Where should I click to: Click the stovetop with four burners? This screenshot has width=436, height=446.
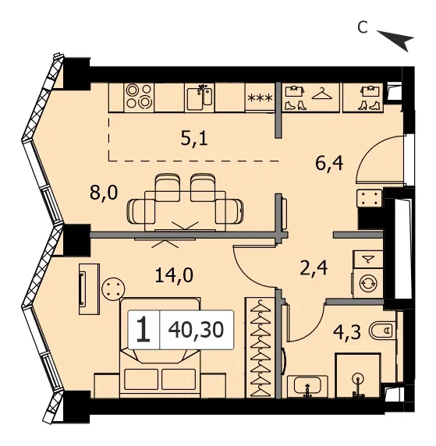(139, 97)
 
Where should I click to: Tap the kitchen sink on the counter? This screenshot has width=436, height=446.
(200, 97)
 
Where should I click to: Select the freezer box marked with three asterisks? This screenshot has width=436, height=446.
(261, 97)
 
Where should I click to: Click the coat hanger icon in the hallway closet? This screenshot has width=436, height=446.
(322, 94)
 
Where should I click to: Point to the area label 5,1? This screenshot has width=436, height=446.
(194, 139)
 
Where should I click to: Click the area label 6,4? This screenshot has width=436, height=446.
(329, 163)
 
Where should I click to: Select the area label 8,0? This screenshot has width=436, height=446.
(104, 193)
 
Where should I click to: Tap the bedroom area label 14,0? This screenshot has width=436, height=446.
(174, 275)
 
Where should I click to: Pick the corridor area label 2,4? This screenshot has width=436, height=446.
(314, 268)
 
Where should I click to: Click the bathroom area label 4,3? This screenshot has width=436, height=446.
(348, 332)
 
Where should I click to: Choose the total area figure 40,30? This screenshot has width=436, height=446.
(196, 330)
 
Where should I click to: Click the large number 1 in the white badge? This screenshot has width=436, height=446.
(144, 330)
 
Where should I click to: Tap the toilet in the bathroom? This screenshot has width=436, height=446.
(383, 331)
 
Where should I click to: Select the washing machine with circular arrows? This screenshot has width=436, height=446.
(368, 284)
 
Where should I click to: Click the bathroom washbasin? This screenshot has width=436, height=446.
(307, 386)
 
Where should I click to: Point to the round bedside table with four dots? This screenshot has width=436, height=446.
(113, 288)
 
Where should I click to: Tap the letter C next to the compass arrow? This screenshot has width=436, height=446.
(362, 27)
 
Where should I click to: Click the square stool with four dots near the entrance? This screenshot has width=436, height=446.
(369, 198)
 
